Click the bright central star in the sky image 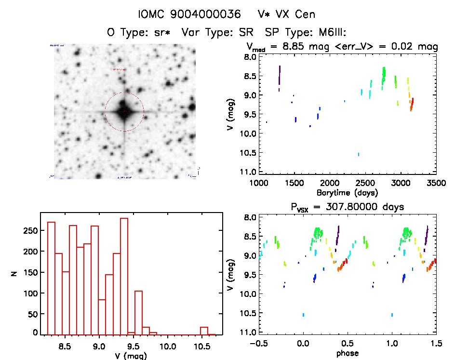tap(124, 111)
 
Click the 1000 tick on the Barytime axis tap(259, 183)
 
